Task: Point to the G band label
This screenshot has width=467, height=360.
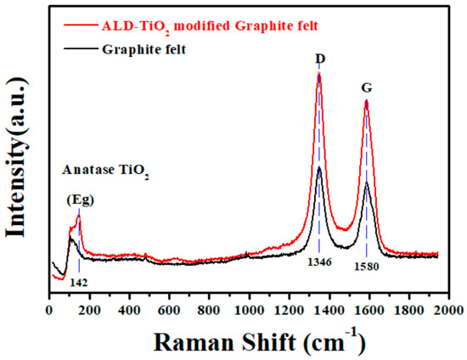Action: coord(367,87)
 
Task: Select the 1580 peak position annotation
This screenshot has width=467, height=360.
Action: coord(367,266)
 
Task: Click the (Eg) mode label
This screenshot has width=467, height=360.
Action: coord(81,200)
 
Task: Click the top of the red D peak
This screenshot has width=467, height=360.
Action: coord(318,74)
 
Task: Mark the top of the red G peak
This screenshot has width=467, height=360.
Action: coord(366,101)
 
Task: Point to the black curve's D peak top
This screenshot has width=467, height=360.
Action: coord(318,167)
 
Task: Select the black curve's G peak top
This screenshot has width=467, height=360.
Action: coord(366,183)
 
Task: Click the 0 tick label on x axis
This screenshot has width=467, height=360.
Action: coord(49,310)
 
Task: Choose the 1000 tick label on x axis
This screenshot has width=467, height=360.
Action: coord(249,310)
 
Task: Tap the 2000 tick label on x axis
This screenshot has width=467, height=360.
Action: coord(449,310)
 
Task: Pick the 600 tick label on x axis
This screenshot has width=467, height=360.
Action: coord(169,310)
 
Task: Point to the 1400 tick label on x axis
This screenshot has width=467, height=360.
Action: coord(329,310)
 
